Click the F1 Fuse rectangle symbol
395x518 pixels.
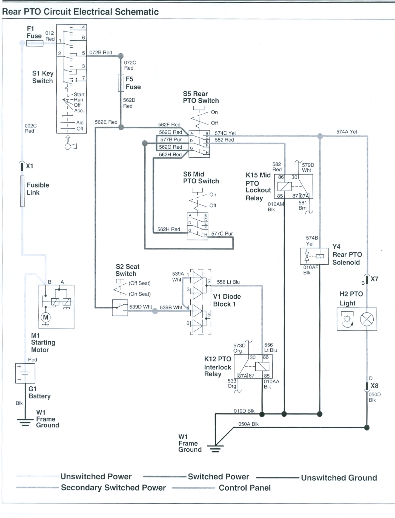[x=35, y=43]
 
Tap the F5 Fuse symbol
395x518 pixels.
[x=121, y=83]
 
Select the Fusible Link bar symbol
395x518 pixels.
[x=22, y=191]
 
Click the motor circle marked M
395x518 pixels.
[x=45, y=318]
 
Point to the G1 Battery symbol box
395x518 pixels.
[x=25, y=373]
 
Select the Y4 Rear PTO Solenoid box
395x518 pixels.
[x=314, y=256]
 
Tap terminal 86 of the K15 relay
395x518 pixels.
[x=281, y=177]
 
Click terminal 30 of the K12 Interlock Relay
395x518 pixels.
[x=253, y=357]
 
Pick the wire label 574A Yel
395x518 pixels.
[x=347, y=132]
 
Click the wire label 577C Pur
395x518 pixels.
[x=222, y=234]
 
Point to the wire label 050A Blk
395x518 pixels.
[x=248, y=424]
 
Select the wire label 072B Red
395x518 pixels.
[x=101, y=52]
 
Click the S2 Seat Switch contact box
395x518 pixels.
[x=120, y=308]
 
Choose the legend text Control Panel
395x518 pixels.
[x=245, y=488]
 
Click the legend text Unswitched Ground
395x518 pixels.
[x=339, y=478]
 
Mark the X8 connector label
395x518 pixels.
[x=374, y=386]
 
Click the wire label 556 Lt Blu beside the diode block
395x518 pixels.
[x=228, y=282]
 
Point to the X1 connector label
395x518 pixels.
[x=29, y=166]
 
